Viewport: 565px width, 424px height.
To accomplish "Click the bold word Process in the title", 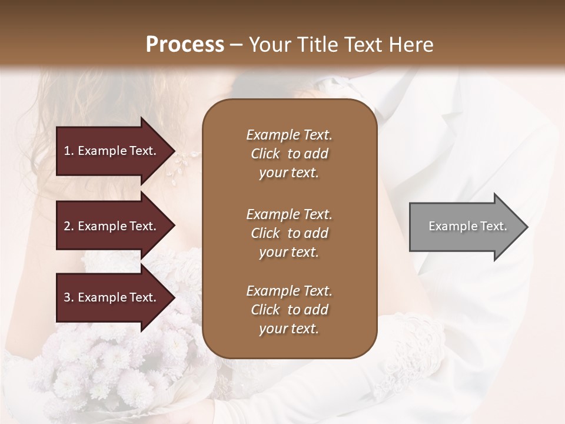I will tap(185, 45).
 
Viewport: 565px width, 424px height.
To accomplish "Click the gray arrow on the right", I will tap(465, 227).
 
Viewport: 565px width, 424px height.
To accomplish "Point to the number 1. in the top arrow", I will tap(69, 151).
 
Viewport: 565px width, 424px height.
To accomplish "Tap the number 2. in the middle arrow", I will tap(69, 226).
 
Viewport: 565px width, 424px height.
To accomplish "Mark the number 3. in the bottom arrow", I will tap(69, 297).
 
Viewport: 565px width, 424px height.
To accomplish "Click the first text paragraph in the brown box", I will tap(289, 154).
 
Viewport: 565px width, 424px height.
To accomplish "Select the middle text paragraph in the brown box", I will tap(289, 233).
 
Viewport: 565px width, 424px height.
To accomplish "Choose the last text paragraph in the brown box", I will tap(289, 310).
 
